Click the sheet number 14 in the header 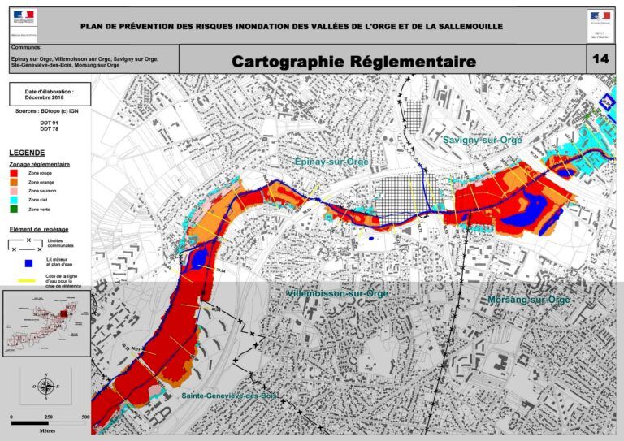600,59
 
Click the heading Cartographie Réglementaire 353,62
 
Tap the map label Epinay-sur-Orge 331,162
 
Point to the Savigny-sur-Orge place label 483,141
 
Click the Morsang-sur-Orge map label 529,300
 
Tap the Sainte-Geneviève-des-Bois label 229,396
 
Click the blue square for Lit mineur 28,262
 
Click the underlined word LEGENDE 27,153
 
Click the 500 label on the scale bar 85,417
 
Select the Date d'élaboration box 50,94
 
